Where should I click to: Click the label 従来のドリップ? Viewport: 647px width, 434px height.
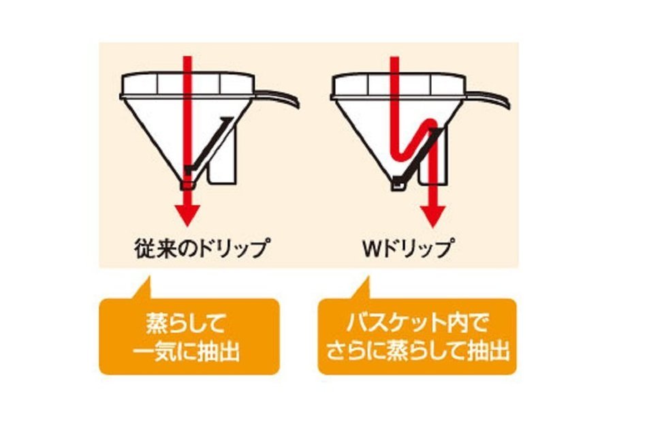click(x=202, y=247)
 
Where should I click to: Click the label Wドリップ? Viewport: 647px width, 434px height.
click(x=407, y=247)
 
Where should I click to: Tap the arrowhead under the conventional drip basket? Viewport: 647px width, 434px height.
click(x=187, y=215)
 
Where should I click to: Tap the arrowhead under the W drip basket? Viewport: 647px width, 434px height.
click(x=432, y=215)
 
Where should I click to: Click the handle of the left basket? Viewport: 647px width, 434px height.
click(x=277, y=98)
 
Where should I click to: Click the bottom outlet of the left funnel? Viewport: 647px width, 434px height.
click(x=187, y=185)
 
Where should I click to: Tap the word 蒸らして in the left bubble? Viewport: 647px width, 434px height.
click(x=186, y=324)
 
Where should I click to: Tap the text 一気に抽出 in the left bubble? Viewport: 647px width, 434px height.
click(x=186, y=352)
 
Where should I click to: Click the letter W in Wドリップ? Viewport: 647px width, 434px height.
click(x=373, y=248)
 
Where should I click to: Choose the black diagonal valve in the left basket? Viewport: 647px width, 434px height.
click(x=208, y=145)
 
